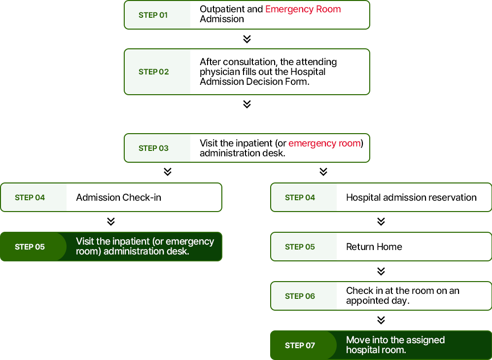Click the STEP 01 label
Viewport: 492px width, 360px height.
153,15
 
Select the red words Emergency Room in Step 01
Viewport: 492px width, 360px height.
303,9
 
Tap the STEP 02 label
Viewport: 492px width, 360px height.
153,72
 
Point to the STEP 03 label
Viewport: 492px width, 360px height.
153,148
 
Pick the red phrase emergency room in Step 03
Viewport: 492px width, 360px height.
324,144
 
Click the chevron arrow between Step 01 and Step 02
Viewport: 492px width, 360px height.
247,39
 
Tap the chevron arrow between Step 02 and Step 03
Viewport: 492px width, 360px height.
247,104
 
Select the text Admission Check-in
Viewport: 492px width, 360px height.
118,198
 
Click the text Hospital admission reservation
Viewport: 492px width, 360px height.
411,198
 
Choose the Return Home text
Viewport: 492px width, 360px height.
374,247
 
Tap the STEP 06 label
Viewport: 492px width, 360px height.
300,296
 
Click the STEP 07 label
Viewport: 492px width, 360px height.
300,346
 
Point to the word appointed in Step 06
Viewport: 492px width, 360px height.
367,301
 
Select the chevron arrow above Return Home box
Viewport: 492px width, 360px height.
381,222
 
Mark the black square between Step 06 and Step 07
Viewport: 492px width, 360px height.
381,321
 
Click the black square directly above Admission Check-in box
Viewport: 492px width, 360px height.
168,172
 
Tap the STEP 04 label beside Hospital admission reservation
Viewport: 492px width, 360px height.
300,198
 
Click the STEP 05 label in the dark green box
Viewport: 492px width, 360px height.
30,247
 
